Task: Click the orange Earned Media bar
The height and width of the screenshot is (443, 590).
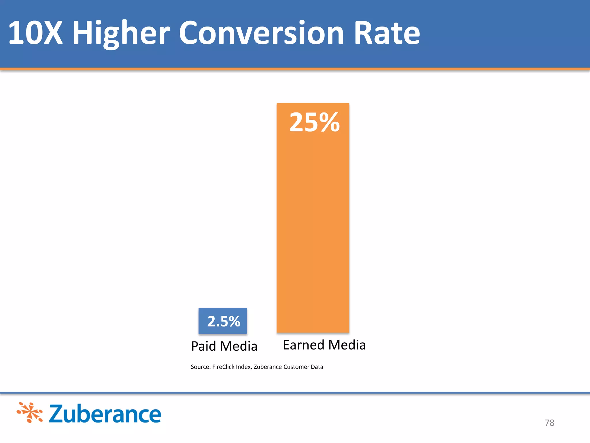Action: pos(313,225)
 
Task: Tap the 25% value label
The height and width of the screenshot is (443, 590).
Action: pos(315,123)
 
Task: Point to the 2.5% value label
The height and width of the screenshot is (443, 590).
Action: pos(224,321)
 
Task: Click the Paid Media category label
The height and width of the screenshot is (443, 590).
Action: pos(224,346)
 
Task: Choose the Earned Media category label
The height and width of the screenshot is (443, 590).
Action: pos(324,345)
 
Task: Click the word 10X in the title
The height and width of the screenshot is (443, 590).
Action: pos(35,33)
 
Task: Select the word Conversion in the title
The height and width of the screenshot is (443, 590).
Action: pos(262,33)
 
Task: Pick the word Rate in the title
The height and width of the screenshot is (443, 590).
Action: pos(387,33)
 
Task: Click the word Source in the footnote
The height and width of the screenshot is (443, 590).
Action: pos(200,367)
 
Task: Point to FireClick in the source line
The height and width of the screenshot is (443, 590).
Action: pos(223,367)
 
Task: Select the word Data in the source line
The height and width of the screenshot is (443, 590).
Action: pos(317,367)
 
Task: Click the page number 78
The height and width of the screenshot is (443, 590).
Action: pos(549,423)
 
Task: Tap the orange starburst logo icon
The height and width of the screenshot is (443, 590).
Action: pos(30,412)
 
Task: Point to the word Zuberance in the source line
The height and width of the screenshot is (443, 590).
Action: pos(268,367)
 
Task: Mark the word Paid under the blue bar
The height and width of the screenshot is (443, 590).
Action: pos(203,346)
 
